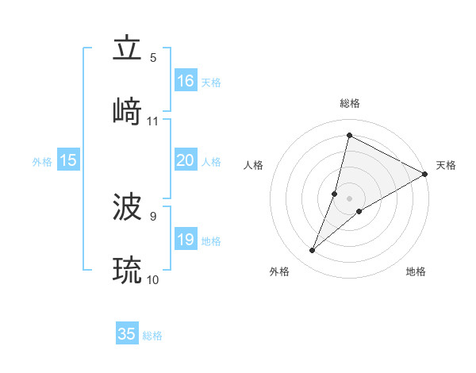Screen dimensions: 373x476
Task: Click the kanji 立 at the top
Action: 127,49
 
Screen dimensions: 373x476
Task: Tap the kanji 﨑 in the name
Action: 127,112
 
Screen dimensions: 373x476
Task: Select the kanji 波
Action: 127,208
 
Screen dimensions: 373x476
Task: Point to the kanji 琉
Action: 127,271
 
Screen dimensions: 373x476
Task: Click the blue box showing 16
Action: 186,81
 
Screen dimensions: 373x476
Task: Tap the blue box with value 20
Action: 186,160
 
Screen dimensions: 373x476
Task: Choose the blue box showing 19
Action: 186,240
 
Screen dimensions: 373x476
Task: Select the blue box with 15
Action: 68,160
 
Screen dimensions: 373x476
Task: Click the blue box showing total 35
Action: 127,334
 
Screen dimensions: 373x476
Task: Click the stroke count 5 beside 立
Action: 153,58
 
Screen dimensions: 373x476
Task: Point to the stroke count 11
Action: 152,121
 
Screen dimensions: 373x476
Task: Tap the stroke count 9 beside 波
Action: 153,216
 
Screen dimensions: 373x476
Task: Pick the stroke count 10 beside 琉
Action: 152,279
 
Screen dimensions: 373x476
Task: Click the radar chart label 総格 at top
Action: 350,103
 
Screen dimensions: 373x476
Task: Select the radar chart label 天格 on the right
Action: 446,165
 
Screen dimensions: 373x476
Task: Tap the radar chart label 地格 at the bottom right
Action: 416,271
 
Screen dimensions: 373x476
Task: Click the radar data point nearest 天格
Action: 425,174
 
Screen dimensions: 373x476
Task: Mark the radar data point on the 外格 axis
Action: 313,251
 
